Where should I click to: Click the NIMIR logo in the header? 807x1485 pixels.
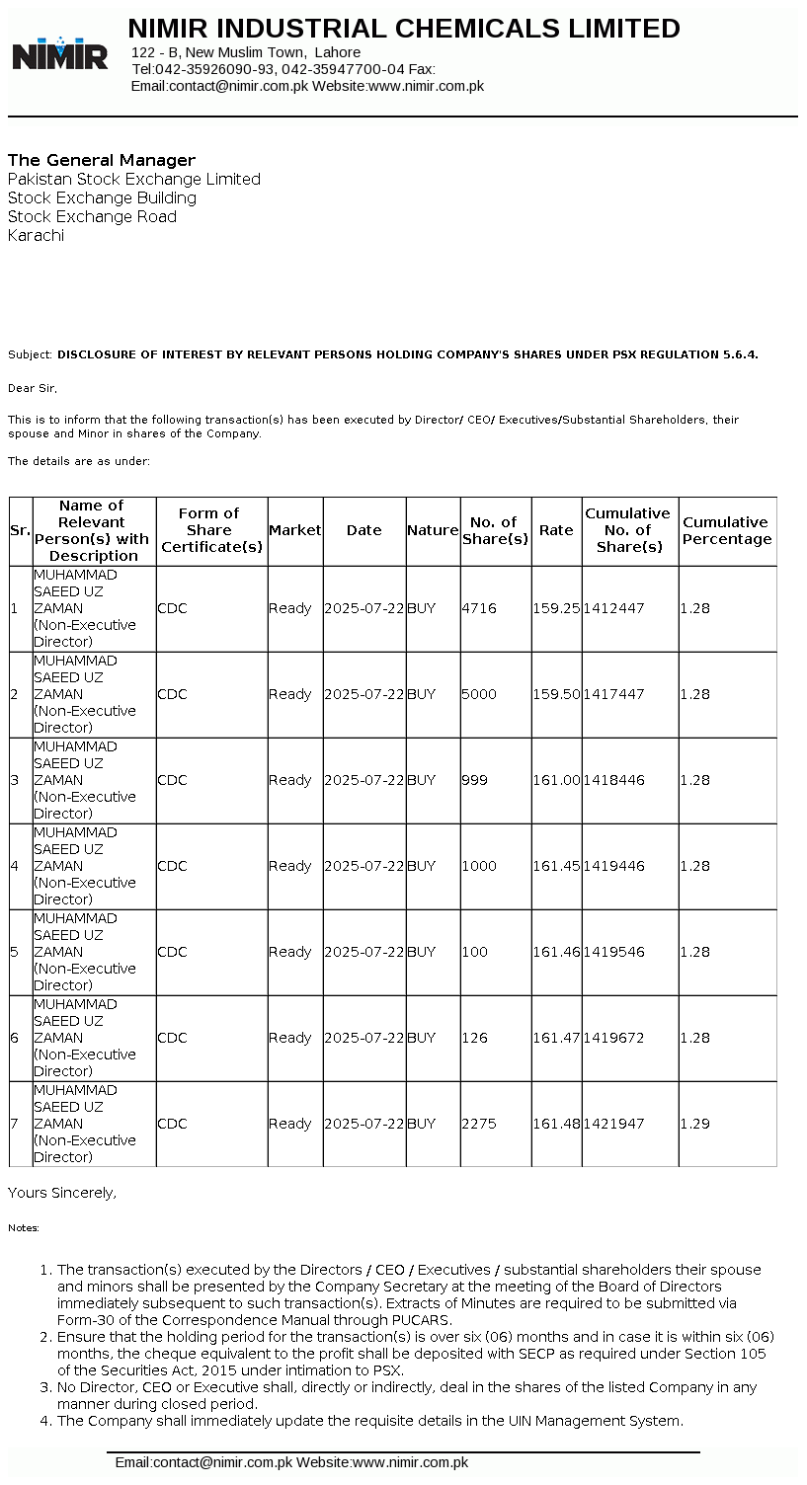59,53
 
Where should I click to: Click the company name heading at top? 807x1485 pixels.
404,29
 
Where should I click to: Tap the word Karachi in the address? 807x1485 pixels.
36,236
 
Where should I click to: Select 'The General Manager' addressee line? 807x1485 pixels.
102,160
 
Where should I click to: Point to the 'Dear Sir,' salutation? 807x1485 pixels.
33,388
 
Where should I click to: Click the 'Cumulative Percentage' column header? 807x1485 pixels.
727,531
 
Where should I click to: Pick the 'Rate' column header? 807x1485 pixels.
556,530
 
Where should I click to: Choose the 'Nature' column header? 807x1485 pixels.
433,530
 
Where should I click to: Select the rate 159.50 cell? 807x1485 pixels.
556,694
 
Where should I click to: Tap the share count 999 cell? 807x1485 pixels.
474,780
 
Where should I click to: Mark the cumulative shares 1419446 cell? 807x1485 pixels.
613,866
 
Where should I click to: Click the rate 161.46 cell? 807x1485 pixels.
556,952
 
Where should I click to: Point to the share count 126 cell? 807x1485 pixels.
474,1038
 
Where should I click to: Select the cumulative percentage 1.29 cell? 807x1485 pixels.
694,1124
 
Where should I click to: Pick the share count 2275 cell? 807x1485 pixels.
478,1124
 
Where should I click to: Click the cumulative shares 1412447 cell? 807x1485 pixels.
613,608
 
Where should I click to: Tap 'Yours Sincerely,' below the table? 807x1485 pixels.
62,1193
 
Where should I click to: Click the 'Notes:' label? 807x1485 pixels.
24,1228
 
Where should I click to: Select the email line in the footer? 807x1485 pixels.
291,1462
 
